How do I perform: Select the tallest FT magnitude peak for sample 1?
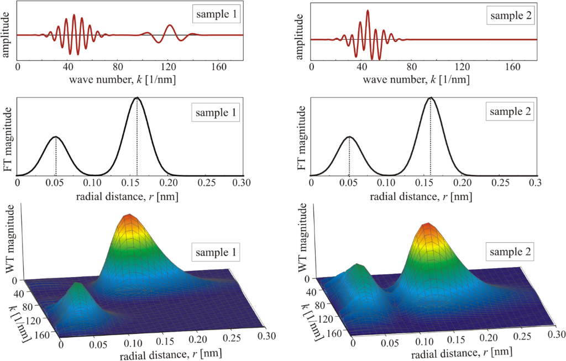(137, 99)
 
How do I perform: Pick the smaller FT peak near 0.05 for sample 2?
(349, 137)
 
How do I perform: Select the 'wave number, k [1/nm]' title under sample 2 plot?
(416, 79)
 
